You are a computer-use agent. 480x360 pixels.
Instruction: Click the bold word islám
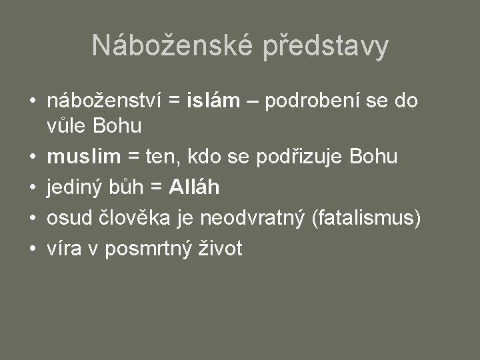[213, 101]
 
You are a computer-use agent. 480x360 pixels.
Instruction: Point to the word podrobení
[309, 101]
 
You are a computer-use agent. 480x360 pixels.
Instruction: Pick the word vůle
[67, 125]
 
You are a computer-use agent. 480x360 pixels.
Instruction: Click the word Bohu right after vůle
[118, 125]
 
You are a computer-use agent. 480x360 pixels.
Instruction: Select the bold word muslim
[84, 157]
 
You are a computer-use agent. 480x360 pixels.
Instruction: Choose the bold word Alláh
[194, 187]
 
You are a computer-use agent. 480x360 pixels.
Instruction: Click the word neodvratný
[252, 218]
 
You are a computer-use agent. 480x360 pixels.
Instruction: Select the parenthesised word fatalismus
[366, 218]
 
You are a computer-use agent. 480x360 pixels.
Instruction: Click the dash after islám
[253, 102]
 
